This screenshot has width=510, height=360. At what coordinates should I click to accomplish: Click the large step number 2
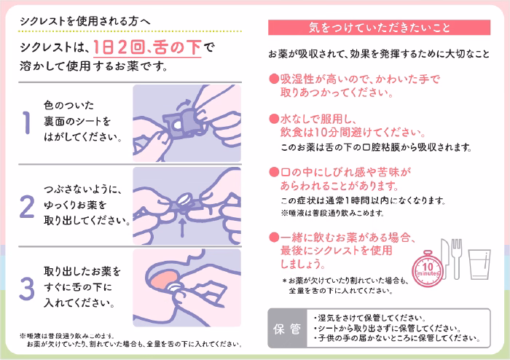27,206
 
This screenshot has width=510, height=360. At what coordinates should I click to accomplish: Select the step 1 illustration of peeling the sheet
187,121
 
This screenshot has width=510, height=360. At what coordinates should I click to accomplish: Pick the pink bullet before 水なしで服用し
274,119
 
